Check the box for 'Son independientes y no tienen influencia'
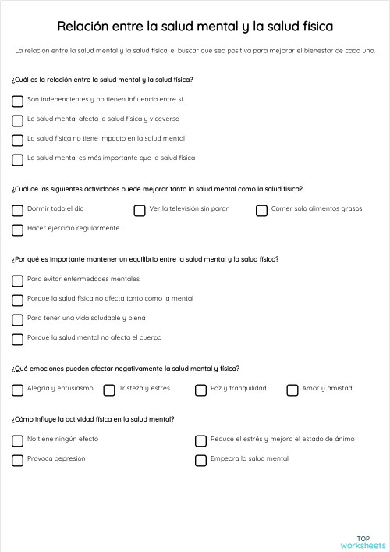pos(17,101)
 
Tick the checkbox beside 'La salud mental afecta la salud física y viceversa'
pos(17,120)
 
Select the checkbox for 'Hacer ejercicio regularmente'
pos(17,230)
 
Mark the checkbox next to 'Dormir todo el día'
pos(17,210)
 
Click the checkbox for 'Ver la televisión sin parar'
pos(140,210)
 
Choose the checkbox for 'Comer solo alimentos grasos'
pos(262,210)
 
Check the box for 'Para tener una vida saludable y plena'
pos(17,319)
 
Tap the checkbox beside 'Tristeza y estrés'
pos(109,390)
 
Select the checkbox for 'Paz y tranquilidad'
pos(200,390)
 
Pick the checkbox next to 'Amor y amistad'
pos(292,390)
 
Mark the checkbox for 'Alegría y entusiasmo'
pos(17,390)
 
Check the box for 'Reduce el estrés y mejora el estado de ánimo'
pos(200,440)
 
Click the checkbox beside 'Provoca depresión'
pos(17,460)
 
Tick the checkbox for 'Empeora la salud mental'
pos(200,460)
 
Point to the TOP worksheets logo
pos(363,542)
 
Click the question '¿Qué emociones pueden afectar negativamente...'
pos(126,369)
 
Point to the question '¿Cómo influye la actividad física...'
pos(93,419)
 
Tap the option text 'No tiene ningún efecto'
pos(62,439)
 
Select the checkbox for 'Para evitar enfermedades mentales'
pos(17,280)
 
